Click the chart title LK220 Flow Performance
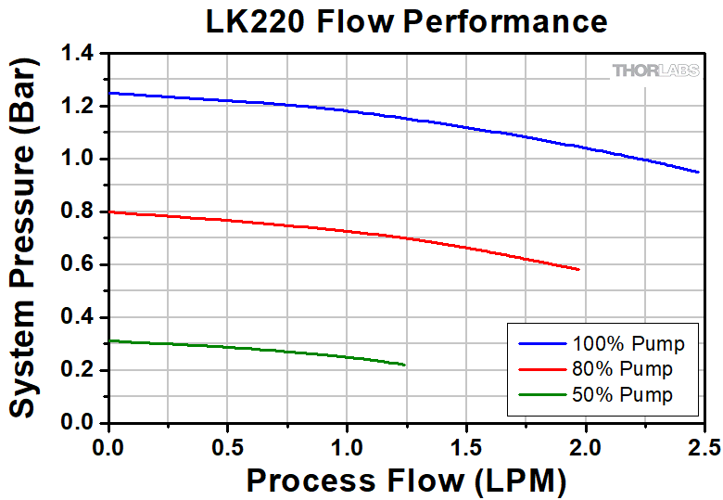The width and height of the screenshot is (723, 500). click(x=407, y=21)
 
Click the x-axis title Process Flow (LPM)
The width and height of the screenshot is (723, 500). click(x=406, y=481)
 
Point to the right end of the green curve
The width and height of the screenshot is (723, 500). click(x=405, y=365)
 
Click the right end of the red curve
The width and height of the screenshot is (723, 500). click(x=579, y=270)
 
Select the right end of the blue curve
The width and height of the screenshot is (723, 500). click(x=698, y=172)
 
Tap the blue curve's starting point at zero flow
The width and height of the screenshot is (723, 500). click(x=109, y=93)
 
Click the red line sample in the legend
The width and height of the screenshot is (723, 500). click(x=542, y=369)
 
